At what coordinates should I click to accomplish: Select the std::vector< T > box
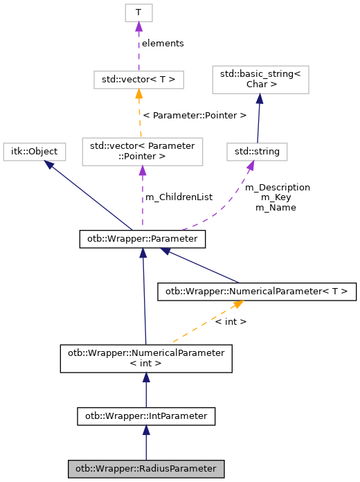(x=138, y=80)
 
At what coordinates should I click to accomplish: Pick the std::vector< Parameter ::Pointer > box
(x=142, y=152)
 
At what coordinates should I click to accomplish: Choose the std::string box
(x=257, y=150)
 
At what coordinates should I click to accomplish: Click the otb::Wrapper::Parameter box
(x=143, y=239)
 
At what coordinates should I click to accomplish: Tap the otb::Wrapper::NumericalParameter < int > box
(x=145, y=358)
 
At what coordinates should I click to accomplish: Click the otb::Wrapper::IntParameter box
(x=145, y=416)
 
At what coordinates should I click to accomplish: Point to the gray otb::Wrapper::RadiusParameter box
(x=145, y=469)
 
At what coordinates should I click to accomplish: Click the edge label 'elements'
(x=163, y=43)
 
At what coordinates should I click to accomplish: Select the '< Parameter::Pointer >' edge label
(x=195, y=115)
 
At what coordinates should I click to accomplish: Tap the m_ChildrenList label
(x=179, y=197)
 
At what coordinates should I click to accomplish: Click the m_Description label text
(x=278, y=187)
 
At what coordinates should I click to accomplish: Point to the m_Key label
(x=275, y=197)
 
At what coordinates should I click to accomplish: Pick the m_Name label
(x=276, y=207)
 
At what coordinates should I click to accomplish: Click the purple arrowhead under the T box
(x=138, y=26)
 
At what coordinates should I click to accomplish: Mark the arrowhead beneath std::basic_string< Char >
(x=259, y=100)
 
